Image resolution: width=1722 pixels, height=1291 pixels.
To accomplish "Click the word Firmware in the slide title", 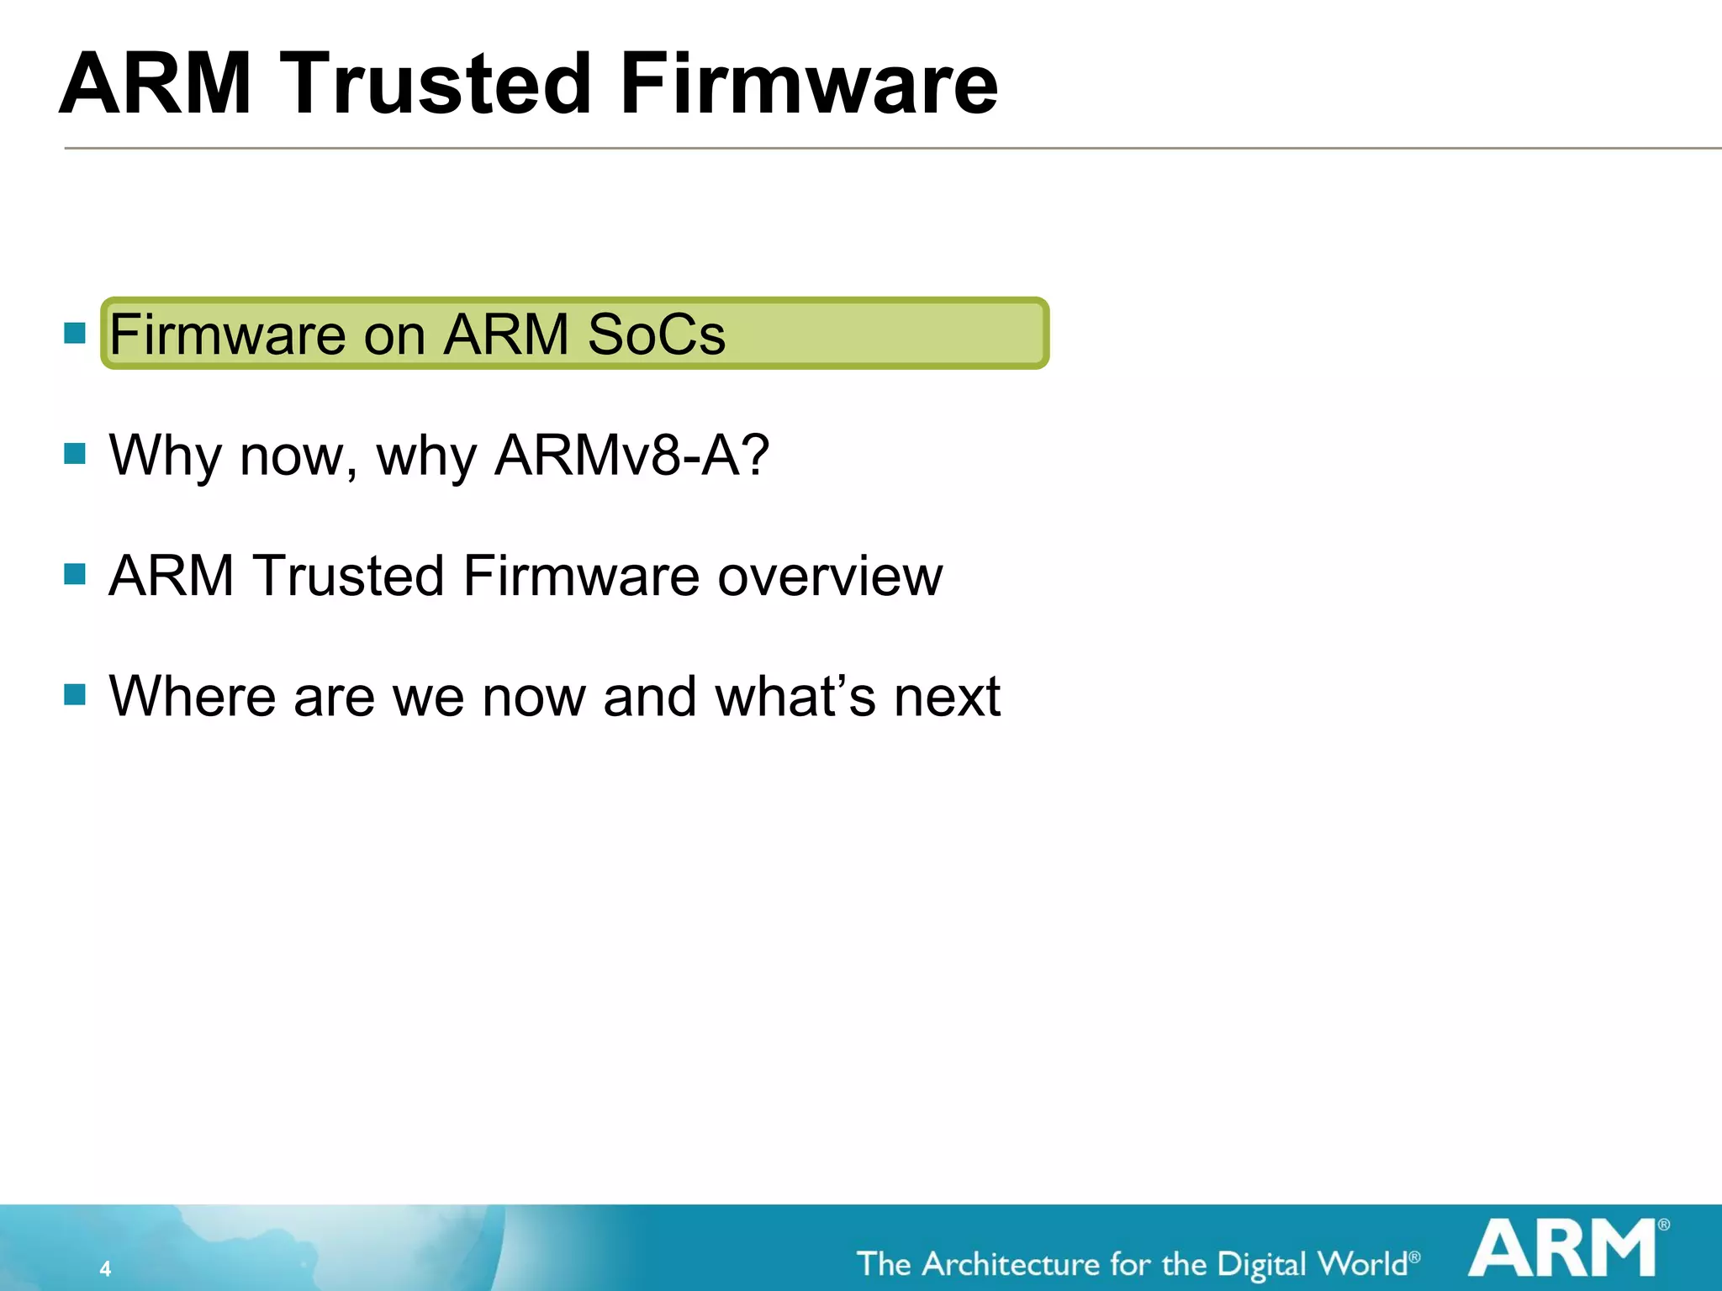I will click(809, 84).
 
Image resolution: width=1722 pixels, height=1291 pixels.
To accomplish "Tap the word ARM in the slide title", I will click(156, 84).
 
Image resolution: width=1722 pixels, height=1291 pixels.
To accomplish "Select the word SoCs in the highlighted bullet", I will click(656, 335).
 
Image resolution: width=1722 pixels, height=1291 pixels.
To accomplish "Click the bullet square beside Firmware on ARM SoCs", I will click(75, 333).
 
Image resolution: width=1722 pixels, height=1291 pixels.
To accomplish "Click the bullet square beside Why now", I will click(75, 454).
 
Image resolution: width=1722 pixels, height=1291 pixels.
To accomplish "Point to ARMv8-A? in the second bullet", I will click(631, 455).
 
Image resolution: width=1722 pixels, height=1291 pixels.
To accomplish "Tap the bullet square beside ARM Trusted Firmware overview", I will click(75, 574).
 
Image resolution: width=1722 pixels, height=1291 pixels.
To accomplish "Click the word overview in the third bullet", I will click(830, 577).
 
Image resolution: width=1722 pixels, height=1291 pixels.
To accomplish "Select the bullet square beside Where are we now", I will click(75, 694).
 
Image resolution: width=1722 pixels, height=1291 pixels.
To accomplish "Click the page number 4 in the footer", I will click(105, 1268).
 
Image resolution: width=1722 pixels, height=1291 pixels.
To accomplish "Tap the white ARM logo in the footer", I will click(1562, 1249).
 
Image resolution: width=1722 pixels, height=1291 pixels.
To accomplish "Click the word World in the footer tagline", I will click(1362, 1264).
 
